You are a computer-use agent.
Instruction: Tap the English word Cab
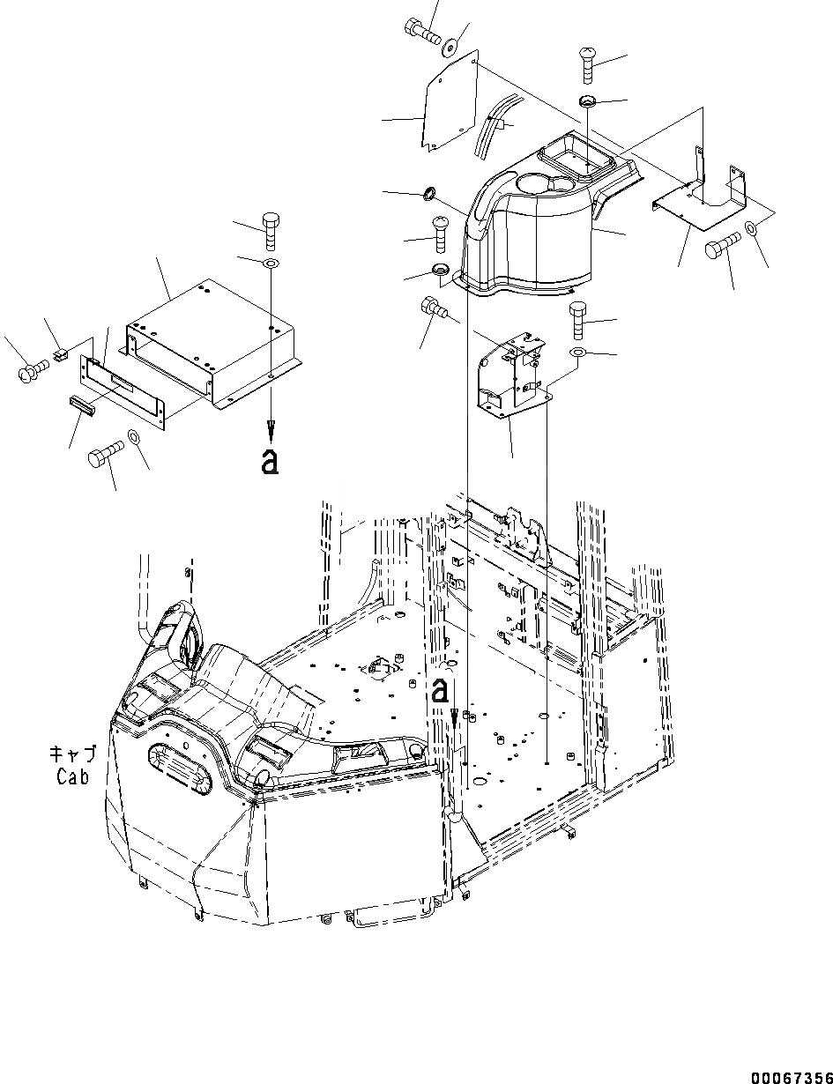click(73, 776)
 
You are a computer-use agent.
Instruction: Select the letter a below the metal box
click(270, 461)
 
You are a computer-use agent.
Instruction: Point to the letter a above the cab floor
click(440, 691)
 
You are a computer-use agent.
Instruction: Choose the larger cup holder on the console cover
click(536, 185)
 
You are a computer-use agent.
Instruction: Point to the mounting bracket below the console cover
click(511, 375)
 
